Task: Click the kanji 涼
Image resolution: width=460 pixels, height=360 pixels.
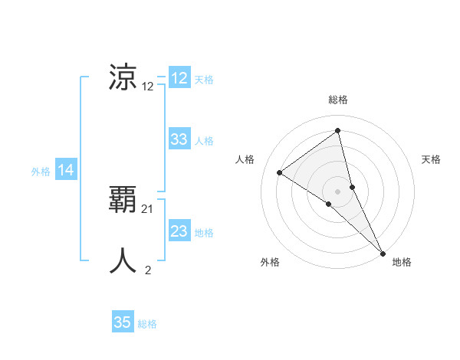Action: pos(123,77)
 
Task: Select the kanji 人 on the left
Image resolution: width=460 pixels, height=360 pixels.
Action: pos(123,260)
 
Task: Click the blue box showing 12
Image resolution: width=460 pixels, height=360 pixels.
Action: pos(179,78)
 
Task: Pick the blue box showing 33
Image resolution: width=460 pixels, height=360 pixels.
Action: pos(179,139)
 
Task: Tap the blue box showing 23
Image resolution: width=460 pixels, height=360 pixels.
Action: pos(179,231)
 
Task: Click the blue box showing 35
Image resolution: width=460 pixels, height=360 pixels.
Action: pos(123,322)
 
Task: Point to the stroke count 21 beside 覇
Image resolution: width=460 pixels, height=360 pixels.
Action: pos(148,208)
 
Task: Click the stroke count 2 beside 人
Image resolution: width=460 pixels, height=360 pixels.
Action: pos(148,270)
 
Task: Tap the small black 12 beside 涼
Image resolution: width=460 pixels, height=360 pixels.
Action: pos(148,87)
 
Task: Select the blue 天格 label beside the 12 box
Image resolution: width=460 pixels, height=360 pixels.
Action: pos(204,80)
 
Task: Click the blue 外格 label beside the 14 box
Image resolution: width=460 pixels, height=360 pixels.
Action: pos(41,172)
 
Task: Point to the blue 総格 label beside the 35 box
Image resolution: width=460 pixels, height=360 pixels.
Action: pos(147,324)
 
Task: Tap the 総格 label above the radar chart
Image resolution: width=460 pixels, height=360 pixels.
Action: pos(338,100)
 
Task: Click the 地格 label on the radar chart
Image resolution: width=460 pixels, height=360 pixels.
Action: pos(402,263)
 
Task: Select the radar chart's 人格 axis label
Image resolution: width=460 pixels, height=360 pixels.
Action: pos(245,159)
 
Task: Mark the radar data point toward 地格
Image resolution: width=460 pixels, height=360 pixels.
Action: pos(383,253)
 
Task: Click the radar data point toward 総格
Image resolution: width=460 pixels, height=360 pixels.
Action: pos(337,131)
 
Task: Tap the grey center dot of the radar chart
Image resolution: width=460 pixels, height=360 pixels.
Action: pos(337,191)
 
